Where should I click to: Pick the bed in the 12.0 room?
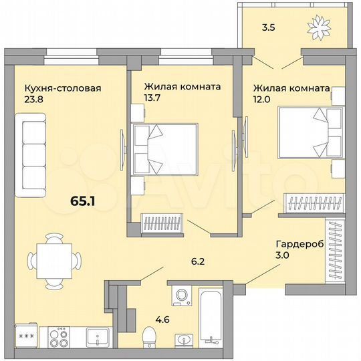(x=306, y=133)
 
